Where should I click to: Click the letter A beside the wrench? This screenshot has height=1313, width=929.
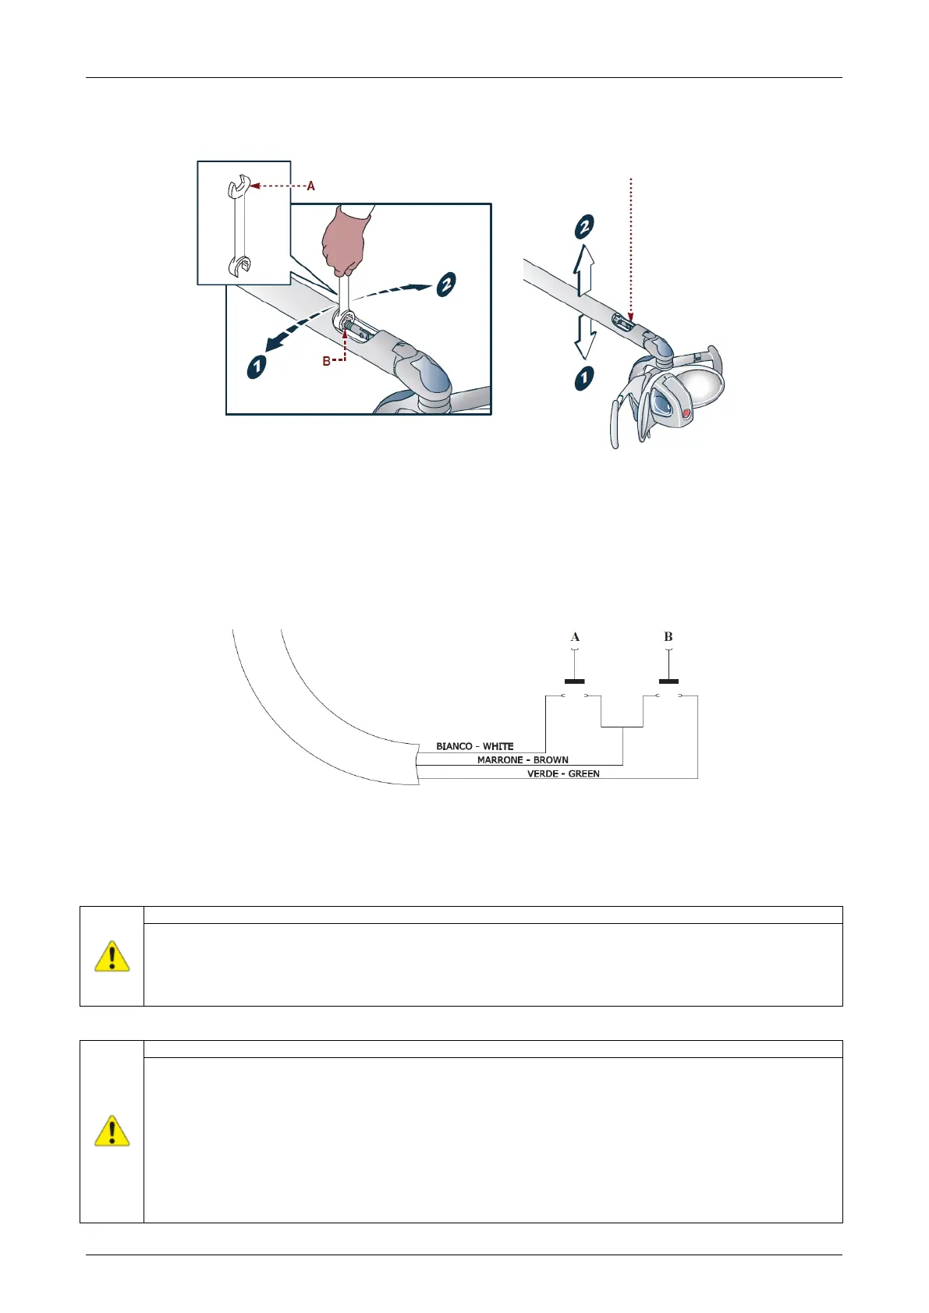coord(311,186)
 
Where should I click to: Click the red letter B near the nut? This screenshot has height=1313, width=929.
coord(327,362)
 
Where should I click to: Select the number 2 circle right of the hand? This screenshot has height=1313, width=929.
coord(445,284)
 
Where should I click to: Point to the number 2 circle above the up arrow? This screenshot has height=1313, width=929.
coord(584,227)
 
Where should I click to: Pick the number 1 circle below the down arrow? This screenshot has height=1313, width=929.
coord(584,378)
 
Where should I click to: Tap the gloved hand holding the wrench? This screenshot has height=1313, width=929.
coord(344,242)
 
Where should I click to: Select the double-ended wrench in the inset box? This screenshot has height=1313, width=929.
coord(239,226)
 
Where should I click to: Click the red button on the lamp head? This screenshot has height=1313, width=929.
coord(686,414)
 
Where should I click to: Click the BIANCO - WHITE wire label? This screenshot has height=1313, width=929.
coord(475,746)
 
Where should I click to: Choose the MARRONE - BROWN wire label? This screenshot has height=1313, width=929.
coord(523,759)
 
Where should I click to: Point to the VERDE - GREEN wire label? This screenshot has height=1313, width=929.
coord(563,773)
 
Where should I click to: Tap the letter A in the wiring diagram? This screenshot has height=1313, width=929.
coord(575,637)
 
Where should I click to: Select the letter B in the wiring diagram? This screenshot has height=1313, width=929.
coord(668,637)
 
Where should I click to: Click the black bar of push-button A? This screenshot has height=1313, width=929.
coord(575,681)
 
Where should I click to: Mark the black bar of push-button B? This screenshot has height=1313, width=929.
coord(668,681)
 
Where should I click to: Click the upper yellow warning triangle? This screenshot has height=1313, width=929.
coord(112,956)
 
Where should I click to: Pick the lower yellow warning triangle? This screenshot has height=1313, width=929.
coord(112,1131)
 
